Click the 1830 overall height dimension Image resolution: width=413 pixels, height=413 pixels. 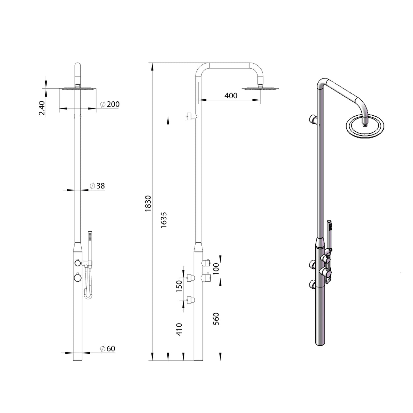148,204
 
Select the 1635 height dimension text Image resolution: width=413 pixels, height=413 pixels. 164,220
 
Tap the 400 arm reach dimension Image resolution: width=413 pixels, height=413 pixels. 231,96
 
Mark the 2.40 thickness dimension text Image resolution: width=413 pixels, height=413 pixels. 42,109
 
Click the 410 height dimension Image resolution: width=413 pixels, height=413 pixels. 179,329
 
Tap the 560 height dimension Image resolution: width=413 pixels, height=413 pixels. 216,319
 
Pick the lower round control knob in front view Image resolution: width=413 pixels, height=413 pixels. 78,278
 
